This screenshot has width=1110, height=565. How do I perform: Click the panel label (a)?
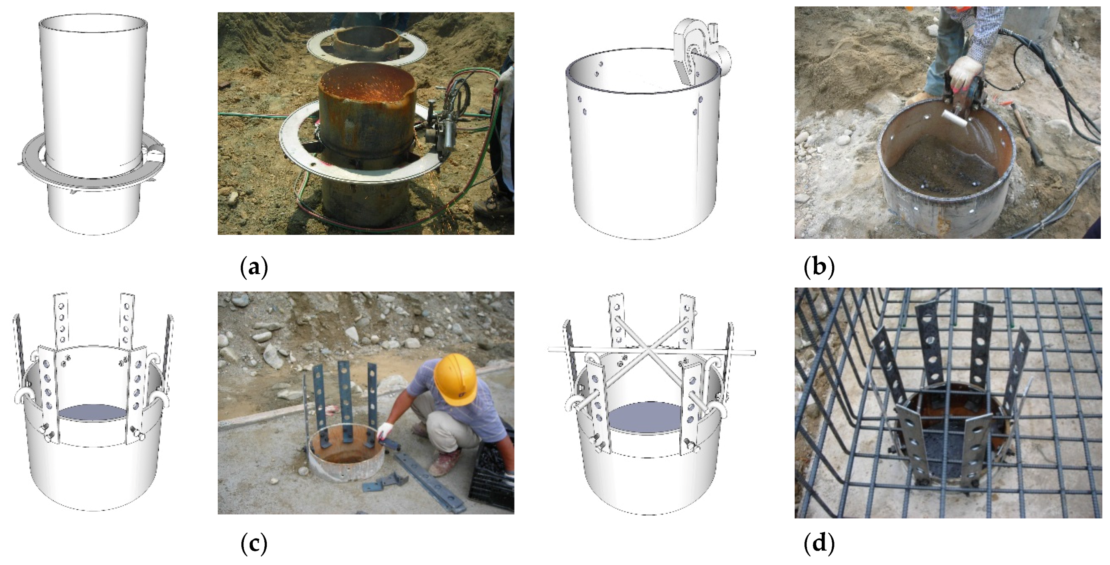pyautogui.click(x=254, y=267)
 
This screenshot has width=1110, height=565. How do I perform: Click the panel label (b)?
pyautogui.click(x=819, y=267)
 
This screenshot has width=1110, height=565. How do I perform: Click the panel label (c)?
pyautogui.click(x=254, y=544)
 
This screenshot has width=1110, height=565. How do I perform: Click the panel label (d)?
pyautogui.click(x=819, y=544)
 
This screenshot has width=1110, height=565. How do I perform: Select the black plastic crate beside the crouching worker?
pyautogui.click(x=491, y=478)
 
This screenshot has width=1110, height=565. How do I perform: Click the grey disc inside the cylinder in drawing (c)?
pyautogui.click(x=93, y=412)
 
